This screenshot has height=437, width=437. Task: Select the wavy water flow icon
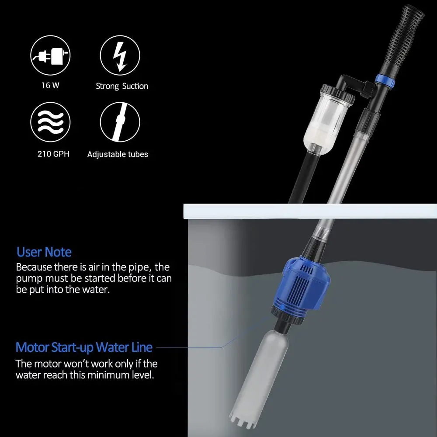(x=50, y=122)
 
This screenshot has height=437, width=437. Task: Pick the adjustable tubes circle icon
(x=120, y=122)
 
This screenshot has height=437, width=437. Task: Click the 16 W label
(x=50, y=86)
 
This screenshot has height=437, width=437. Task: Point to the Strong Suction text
(x=122, y=86)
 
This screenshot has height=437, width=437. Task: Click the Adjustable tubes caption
(x=118, y=154)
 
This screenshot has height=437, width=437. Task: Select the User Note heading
(x=44, y=252)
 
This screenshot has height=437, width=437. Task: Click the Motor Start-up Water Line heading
(x=84, y=347)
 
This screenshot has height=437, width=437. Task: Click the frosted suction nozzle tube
(x=256, y=376)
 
